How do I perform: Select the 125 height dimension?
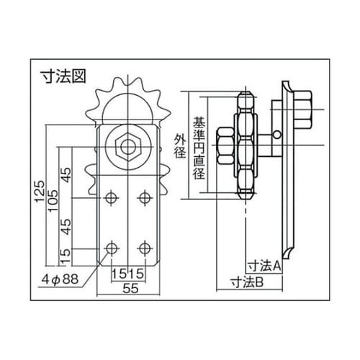coord(42,192)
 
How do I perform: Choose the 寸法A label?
coord(264,265)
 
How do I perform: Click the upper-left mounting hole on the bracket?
coord(112,197)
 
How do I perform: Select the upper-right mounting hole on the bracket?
coord(145,197)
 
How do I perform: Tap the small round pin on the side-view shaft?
coord(277,133)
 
